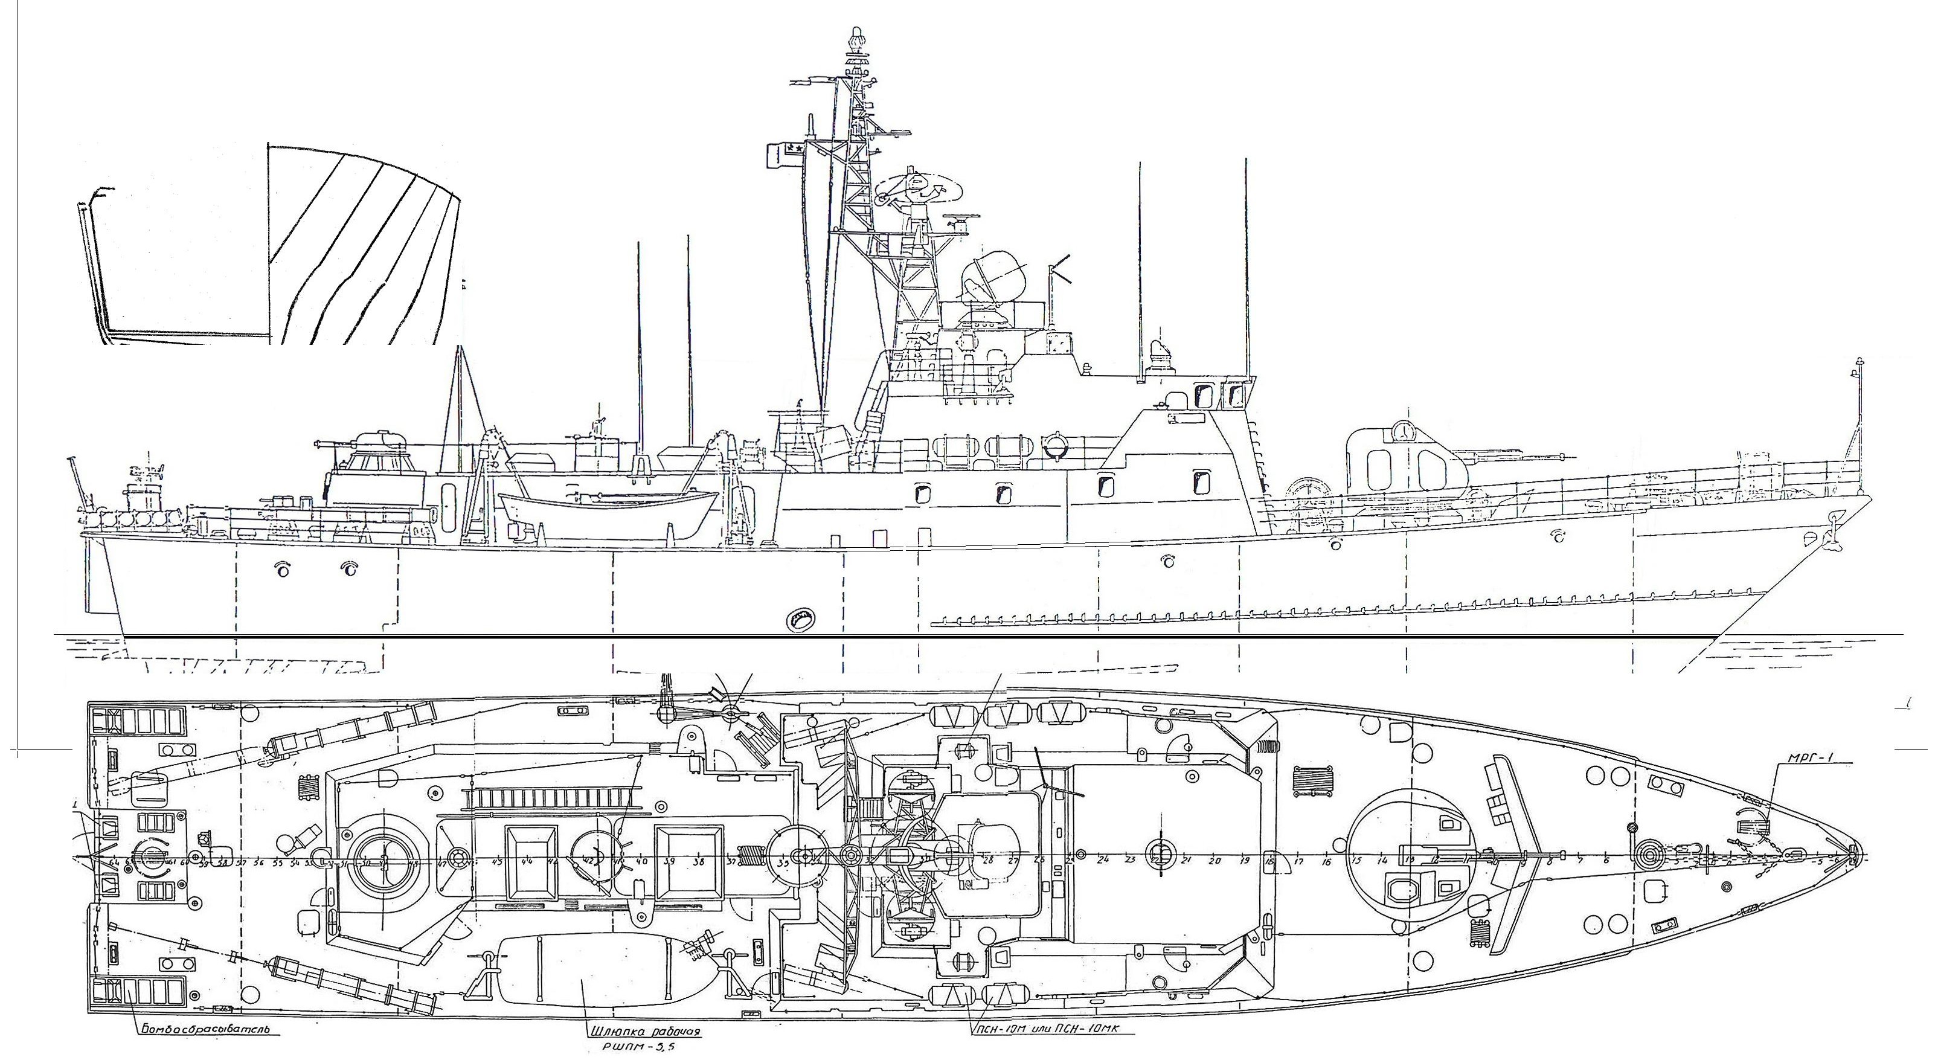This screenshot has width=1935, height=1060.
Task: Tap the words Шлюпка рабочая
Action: (x=643, y=1032)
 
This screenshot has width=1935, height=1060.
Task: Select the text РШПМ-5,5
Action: (x=644, y=1050)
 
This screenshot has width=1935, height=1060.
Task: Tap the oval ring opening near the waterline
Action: (x=798, y=620)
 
